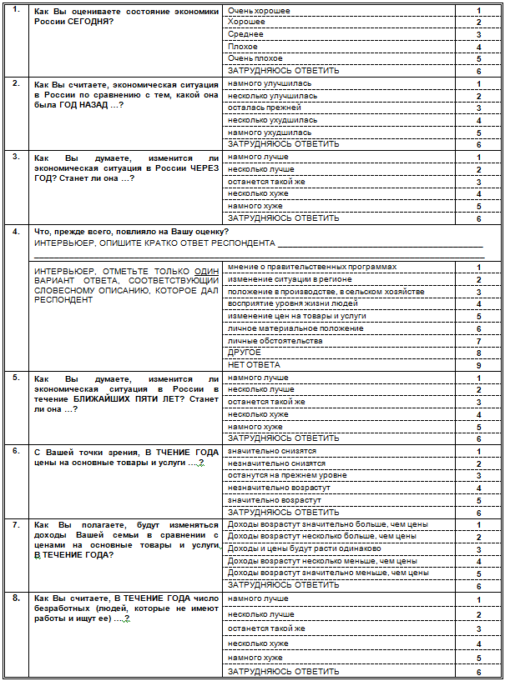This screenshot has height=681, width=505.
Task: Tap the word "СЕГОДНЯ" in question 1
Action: [x=89, y=22]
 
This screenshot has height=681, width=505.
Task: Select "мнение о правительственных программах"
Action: [x=300, y=267]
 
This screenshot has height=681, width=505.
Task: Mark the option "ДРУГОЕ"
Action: [x=244, y=353]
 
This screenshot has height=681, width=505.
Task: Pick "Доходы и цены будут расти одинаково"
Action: [x=304, y=548]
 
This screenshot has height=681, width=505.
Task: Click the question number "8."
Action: [x=15, y=598]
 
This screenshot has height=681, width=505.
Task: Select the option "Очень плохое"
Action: [x=255, y=59]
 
